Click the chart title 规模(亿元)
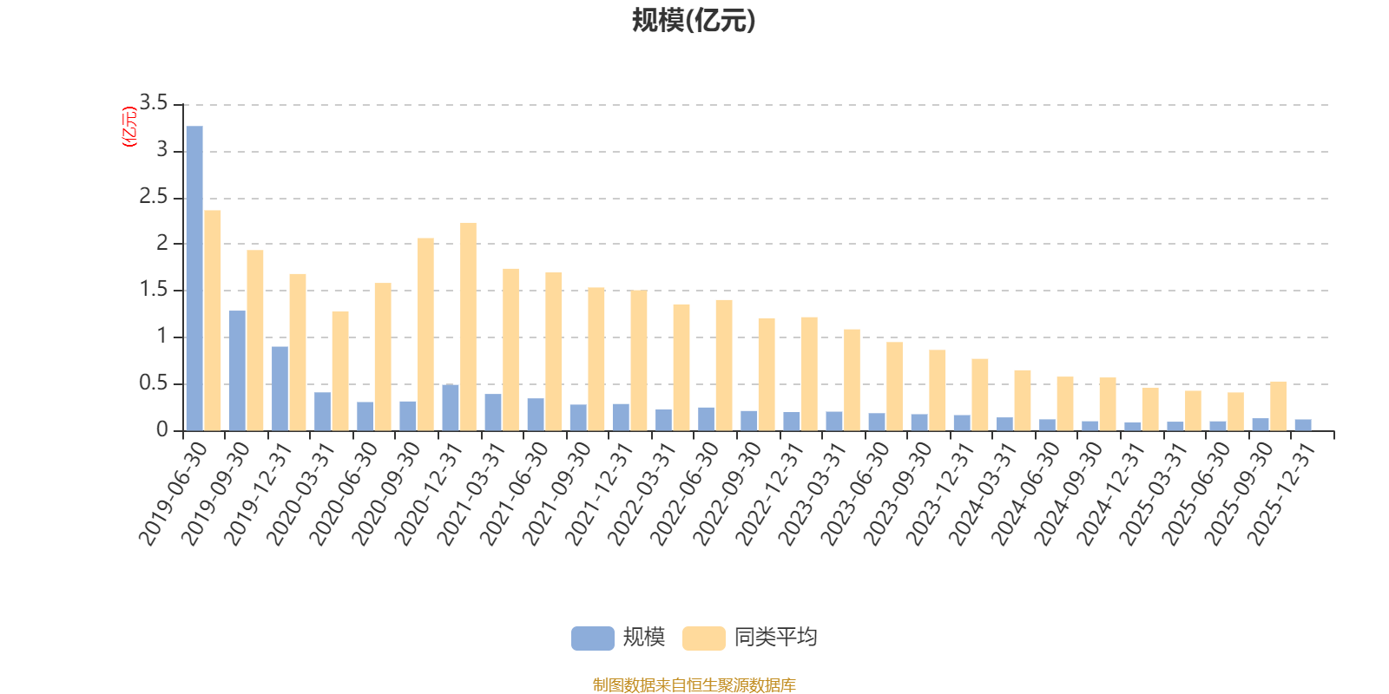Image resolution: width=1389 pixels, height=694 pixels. tap(693, 20)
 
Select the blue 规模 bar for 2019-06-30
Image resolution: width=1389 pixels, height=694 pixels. tap(194, 278)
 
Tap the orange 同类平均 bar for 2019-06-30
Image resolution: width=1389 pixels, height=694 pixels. tap(213, 320)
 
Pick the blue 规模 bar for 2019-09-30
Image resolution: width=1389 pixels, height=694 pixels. tap(237, 370)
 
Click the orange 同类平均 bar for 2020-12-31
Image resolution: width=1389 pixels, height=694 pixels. tap(468, 326)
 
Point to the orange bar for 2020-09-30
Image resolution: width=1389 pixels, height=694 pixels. tap(425, 334)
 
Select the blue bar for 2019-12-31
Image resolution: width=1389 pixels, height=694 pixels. tap(280, 388)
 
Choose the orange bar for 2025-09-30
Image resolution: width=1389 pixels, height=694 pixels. tap(1278, 405)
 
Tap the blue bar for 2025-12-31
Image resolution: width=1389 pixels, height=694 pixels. tap(1303, 425)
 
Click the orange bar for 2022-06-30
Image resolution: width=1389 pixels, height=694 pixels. tap(724, 364)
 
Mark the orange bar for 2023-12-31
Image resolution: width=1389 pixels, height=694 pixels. tap(979, 394)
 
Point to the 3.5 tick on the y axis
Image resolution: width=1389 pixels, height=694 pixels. tap(155, 104)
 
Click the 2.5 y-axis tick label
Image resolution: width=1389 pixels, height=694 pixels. tap(155, 198)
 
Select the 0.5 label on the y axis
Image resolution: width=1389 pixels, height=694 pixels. tap(155, 383)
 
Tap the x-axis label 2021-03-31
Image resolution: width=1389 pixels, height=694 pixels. tap(472, 493)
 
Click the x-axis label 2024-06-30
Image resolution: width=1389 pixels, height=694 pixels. tap(1026, 493)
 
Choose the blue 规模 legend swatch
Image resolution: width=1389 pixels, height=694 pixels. tap(592, 638)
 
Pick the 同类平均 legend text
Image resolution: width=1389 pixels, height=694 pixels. tap(775, 638)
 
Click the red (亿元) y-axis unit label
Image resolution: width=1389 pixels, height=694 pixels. tap(129, 127)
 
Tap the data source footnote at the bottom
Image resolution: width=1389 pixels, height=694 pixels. tap(694, 685)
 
